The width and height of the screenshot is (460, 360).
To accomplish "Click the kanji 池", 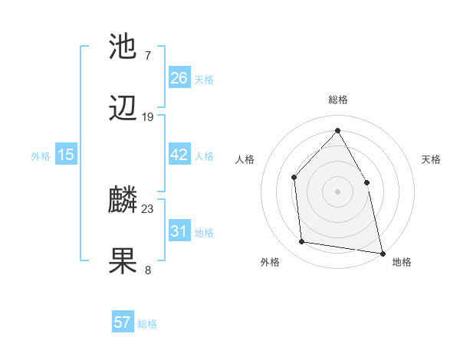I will (124, 47).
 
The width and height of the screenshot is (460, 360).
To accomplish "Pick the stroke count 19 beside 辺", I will (148, 117).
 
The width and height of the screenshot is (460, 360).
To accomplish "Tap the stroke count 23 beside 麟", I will (148, 209).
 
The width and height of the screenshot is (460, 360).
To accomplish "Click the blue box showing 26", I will (179, 78).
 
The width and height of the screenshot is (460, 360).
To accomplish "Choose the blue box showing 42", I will (179, 155).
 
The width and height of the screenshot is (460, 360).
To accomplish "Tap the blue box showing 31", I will (179, 231).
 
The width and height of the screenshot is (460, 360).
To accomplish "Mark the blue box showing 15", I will (66, 155).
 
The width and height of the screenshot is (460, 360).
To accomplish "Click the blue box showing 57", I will (123, 322).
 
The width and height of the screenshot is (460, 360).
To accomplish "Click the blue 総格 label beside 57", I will (147, 324).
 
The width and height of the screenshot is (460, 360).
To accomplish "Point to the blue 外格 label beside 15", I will (41, 156).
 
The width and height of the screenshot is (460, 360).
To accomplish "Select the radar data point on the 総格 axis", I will (337, 130).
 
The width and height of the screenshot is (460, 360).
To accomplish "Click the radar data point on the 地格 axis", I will (382, 252).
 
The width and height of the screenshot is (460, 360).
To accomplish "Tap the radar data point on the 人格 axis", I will (294, 178).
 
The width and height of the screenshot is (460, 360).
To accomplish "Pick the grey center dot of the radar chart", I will (337, 191).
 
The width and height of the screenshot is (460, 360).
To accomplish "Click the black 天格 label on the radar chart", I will (431, 160).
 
